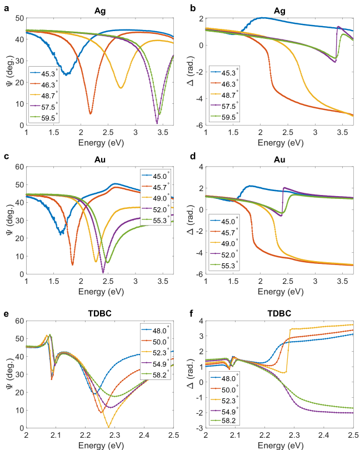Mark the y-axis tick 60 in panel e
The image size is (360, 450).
(x=19, y=321)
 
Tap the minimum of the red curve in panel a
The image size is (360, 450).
(x=91, y=114)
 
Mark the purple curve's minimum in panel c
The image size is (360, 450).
(x=103, y=273)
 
